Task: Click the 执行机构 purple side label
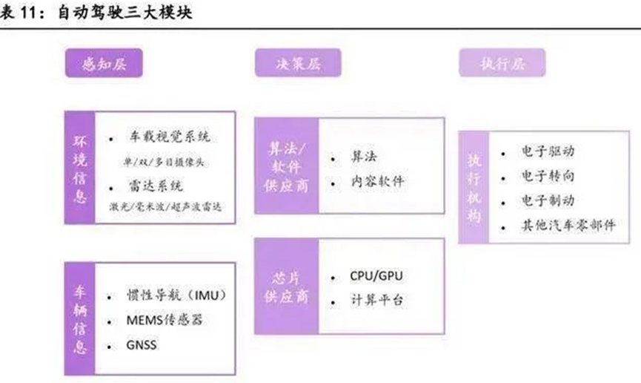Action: click(x=473, y=188)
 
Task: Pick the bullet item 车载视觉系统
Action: click(x=169, y=139)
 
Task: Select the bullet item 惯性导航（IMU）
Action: click(x=176, y=295)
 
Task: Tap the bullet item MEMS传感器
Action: click(x=165, y=321)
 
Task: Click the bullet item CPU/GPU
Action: click(x=378, y=276)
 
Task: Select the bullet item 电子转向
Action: click(x=547, y=176)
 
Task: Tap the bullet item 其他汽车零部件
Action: click(x=568, y=225)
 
